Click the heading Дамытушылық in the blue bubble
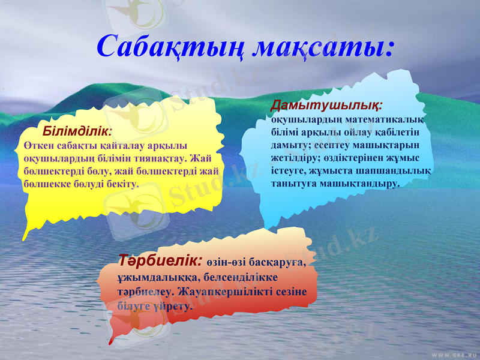pos(326,106)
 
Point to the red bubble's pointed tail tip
pos(110,344)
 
